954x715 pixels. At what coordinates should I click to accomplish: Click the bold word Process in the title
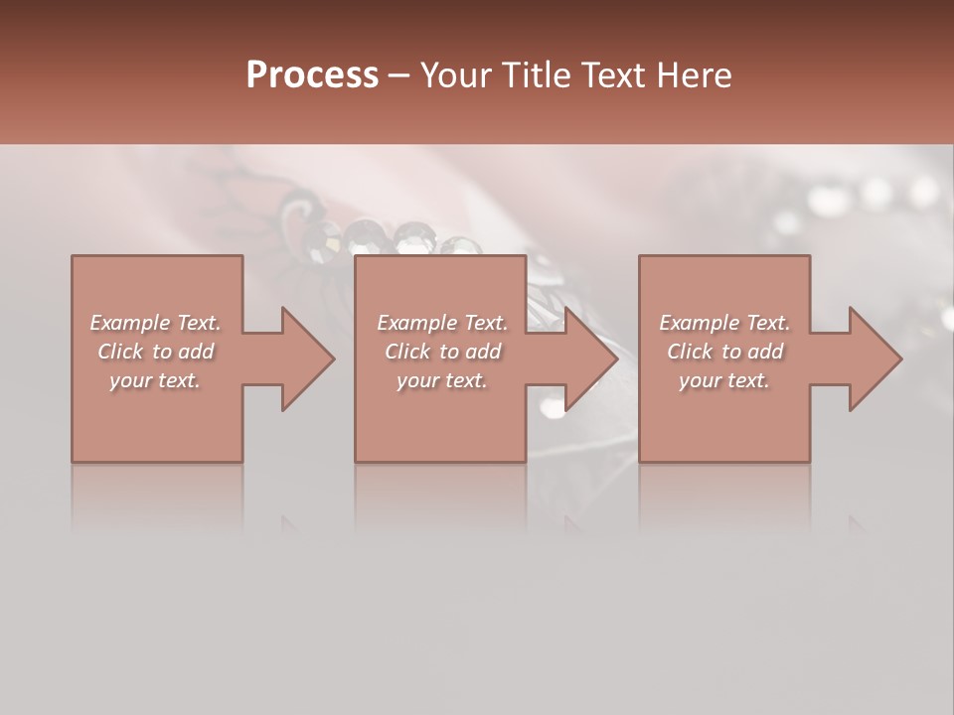click(312, 75)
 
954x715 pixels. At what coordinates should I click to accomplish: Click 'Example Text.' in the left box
click(155, 323)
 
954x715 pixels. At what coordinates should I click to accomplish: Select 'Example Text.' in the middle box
click(442, 323)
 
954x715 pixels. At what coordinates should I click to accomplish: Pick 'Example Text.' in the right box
click(724, 323)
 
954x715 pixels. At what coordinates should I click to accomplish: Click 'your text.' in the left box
click(155, 380)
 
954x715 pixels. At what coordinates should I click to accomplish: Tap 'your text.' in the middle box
click(442, 380)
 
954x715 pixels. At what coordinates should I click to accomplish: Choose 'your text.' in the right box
click(724, 380)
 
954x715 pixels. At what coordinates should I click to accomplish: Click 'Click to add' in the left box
click(155, 352)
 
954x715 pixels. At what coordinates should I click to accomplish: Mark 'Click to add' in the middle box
click(442, 352)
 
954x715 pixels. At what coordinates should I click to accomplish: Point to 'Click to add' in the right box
click(724, 352)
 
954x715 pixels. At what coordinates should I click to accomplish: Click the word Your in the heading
click(456, 75)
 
